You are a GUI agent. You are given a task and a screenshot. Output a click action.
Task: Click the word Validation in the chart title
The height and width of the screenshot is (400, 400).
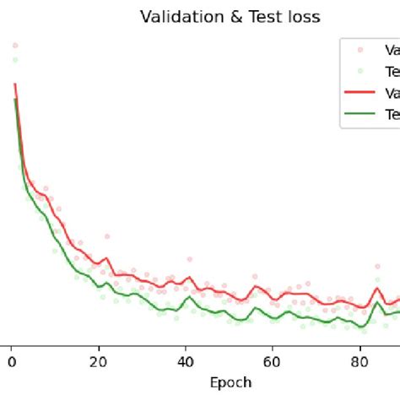(x=171, y=16)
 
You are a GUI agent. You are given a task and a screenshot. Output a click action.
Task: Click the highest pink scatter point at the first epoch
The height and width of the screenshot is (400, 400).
(x=15, y=46)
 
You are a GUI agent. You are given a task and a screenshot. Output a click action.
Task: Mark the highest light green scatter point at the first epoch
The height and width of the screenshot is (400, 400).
(x=15, y=60)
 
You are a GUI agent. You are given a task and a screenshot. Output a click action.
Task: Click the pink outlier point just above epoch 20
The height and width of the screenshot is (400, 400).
(x=107, y=238)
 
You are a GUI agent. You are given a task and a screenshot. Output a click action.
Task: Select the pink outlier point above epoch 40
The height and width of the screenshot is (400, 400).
(x=190, y=260)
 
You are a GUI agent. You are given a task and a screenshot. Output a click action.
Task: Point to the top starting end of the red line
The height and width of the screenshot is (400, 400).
(x=15, y=84)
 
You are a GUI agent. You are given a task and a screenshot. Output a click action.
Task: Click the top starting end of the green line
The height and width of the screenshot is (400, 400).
(x=15, y=99)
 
